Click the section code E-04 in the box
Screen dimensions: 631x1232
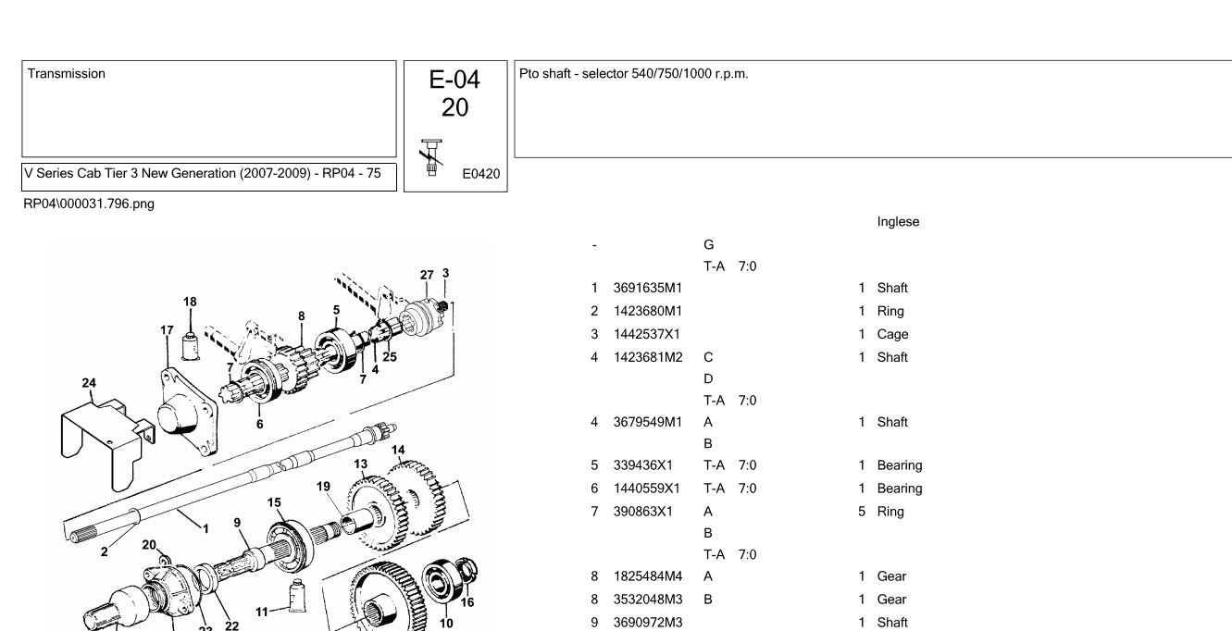tap(454, 80)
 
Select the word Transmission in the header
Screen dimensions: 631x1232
tap(67, 74)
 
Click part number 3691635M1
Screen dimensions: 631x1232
tap(647, 288)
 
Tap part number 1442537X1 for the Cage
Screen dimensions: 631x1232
tap(647, 334)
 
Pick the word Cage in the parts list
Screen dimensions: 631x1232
tap(892, 334)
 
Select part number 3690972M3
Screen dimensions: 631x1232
tap(648, 623)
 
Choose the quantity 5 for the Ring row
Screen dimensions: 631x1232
tap(861, 512)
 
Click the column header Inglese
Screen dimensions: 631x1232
tap(898, 222)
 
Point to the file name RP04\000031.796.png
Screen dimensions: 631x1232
tap(89, 204)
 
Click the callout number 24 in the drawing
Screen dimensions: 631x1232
tap(89, 382)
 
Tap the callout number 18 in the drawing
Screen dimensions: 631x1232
tap(190, 302)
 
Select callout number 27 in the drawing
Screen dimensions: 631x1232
tap(427, 275)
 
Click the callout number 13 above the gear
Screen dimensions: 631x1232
tap(360, 464)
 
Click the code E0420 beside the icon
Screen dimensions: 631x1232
tap(480, 174)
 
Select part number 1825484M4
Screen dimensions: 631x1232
tap(648, 576)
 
